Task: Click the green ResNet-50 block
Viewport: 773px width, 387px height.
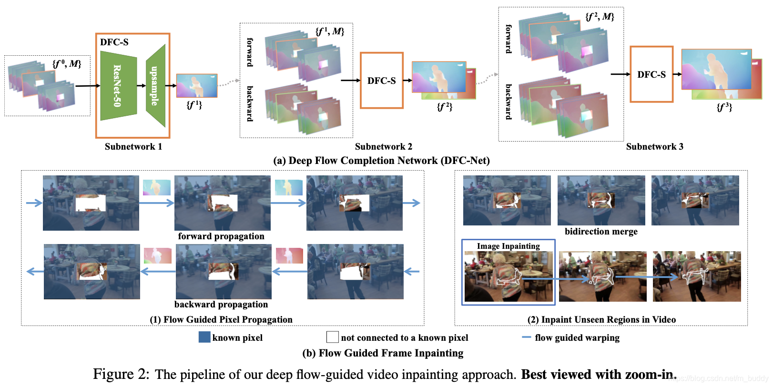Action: tap(118, 86)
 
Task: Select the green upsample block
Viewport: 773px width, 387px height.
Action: tap(155, 86)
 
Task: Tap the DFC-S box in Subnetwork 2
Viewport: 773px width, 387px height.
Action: tap(382, 81)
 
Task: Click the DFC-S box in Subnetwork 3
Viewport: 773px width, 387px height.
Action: tap(651, 74)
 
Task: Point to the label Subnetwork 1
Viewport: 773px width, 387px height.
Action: tap(133, 147)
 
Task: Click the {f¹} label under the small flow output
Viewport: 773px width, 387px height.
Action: tap(194, 105)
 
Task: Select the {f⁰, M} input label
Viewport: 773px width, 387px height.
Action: tap(67, 63)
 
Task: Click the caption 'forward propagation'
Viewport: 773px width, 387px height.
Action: tap(221, 236)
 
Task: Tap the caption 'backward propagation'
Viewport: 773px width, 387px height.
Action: tap(221, 305)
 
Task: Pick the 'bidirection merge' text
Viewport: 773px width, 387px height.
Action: tap(601, 232)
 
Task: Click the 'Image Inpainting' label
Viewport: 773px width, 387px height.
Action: tap(509, 246)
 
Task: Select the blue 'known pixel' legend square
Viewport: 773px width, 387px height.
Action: tap(204, 337)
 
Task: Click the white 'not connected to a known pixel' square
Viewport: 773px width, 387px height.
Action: tap(333, 337)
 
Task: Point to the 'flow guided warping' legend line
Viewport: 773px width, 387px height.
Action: tap(527, 337)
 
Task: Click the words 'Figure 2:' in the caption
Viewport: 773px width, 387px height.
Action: tap(121, 375)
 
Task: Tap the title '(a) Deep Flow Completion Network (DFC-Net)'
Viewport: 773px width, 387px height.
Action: tap(381, 161)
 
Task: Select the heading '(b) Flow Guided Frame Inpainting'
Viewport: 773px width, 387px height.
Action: tap(383, 353)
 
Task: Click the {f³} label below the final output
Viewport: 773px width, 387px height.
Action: tap(724, 108)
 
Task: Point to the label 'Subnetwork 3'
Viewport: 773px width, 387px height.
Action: tap(654, 147)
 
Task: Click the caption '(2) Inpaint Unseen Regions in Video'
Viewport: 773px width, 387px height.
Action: tap(601, 320)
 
